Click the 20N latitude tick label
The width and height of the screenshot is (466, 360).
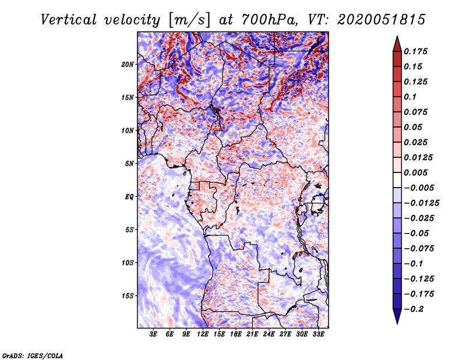(128, 64)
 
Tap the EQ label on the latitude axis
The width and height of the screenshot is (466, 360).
(129, 197)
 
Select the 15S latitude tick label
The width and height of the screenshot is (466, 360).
(128, 296)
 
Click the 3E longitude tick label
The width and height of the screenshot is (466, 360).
(154, 334)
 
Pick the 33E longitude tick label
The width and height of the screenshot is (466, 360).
(319, 334)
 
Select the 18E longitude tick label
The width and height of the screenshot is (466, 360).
(236, 334)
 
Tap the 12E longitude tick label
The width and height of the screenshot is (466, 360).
(203, 334)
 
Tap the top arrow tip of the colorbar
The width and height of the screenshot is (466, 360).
(397, 37)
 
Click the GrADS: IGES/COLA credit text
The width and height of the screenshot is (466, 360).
(32, 355)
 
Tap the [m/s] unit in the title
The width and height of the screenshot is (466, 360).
(186, 20)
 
